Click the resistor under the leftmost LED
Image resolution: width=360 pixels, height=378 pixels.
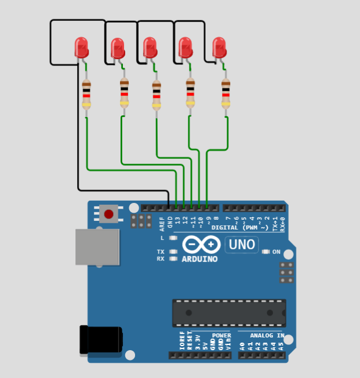[86, 94]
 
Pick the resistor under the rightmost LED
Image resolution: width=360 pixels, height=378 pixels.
[226, 94]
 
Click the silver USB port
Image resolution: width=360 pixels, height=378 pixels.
[97, 247]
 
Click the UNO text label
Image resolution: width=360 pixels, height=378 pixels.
[242, 245]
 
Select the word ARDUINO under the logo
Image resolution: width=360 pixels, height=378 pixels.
[199, 259]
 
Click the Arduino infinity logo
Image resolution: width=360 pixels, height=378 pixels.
[199, 245]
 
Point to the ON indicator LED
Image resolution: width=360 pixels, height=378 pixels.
[267, 252]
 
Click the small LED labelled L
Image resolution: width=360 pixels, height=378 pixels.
[173, 238]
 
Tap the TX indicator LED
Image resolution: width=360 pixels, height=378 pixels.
[173, 252]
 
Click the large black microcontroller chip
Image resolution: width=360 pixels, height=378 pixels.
[229, 313]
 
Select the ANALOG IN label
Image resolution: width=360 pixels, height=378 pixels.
[267, 336]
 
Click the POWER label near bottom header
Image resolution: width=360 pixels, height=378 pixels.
[221, 336]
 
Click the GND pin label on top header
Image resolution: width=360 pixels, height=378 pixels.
[170, 221]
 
